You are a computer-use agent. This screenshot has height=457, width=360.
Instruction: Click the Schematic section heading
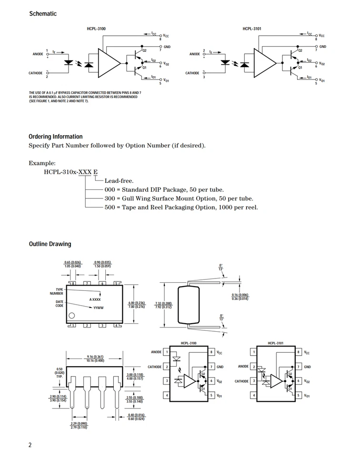[43, 14]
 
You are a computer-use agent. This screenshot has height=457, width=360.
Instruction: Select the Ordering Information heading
[55, 137]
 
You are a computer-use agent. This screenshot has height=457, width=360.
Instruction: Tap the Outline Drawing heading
[50, 244]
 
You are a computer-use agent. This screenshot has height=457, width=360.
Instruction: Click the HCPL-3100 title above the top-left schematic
[96, 29]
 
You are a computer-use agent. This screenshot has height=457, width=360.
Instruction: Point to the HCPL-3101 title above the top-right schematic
[251, 29]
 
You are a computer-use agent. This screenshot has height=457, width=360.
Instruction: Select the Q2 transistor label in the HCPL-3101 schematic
[300, 50]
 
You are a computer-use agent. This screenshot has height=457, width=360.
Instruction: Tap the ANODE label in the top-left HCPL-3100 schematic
[38, 54]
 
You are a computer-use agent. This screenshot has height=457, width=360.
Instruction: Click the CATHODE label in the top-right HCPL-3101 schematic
[192, 73]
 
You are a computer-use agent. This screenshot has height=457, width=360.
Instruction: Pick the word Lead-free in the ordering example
[119, 181]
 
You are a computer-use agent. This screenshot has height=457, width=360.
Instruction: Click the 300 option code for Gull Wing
[110, 199]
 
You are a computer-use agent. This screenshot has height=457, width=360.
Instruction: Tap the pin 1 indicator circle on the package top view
[72, 316]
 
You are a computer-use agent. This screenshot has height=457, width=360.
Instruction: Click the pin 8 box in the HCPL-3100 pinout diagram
[211, 352]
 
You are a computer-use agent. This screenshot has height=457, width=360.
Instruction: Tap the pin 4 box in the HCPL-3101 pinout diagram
[255, 396]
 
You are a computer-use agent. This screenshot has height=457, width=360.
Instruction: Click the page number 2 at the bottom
[30, 445]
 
